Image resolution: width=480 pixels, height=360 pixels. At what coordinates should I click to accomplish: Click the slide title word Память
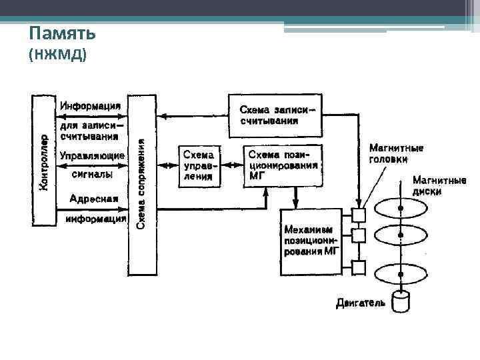click(63, 33)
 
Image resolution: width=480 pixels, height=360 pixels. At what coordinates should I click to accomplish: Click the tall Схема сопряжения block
click(141, 184)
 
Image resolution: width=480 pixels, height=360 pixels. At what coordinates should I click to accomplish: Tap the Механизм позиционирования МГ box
click(311, 241)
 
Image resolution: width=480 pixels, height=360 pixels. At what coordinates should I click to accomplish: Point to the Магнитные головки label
click(397, 153)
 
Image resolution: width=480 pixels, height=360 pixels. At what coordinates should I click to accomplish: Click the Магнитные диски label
click(437, 185)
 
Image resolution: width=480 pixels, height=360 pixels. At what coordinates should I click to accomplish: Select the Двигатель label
click(360, 304)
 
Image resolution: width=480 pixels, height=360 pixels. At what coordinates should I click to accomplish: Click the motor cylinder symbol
click(401, 302)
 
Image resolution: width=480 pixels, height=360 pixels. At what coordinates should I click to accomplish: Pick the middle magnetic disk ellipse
click(401, 235)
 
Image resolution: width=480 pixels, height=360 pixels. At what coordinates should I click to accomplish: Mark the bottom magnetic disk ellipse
click(401, 274)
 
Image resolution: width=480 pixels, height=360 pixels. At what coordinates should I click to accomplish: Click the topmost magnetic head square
click(359, 215)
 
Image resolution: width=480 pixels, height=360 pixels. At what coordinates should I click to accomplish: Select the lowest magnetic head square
click(359, 268)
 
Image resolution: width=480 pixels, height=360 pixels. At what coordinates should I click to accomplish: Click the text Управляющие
click(91, 156)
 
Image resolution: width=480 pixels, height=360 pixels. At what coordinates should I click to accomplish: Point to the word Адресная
click(93, 198)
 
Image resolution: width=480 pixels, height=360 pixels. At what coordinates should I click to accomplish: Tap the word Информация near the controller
click(90, 106)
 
